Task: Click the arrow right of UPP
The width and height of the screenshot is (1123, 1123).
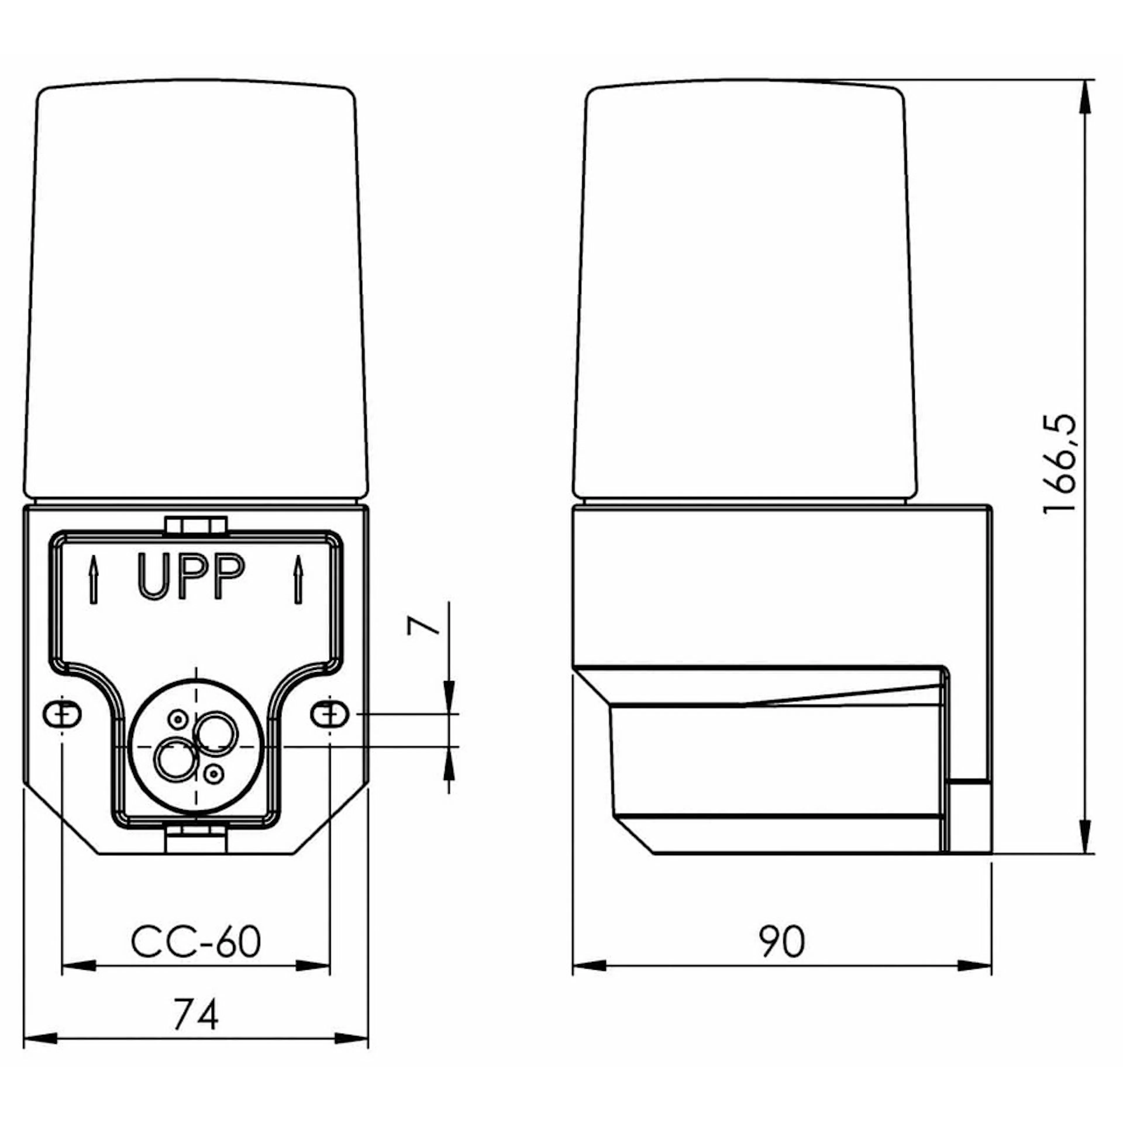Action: tap(298, 580)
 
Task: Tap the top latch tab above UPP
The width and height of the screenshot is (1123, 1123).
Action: tap(195, 526)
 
